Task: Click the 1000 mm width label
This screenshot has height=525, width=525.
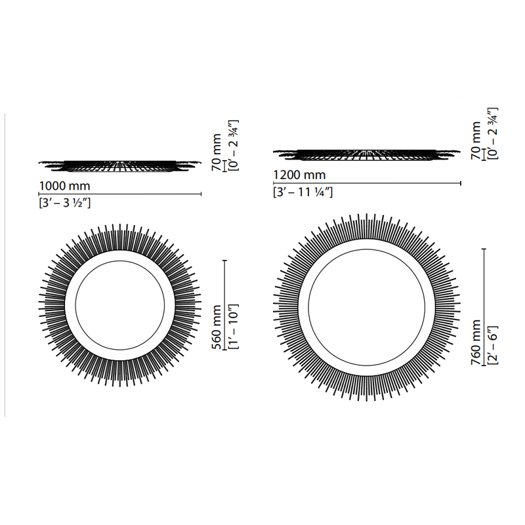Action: (64, 186)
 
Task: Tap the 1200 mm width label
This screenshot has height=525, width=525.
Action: (299, 175)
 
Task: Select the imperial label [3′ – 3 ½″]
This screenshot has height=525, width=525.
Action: (64, 203)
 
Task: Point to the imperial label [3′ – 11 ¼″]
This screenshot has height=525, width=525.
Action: (303, 192)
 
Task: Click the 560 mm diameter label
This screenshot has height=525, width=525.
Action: (217, 327)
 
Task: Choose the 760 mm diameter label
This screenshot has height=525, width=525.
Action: (476, 342)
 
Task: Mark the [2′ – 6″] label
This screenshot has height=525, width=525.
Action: (493, 345)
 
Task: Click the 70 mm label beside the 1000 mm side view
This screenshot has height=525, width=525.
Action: (217, 152)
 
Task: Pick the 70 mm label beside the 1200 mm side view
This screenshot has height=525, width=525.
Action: (476, 140)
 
